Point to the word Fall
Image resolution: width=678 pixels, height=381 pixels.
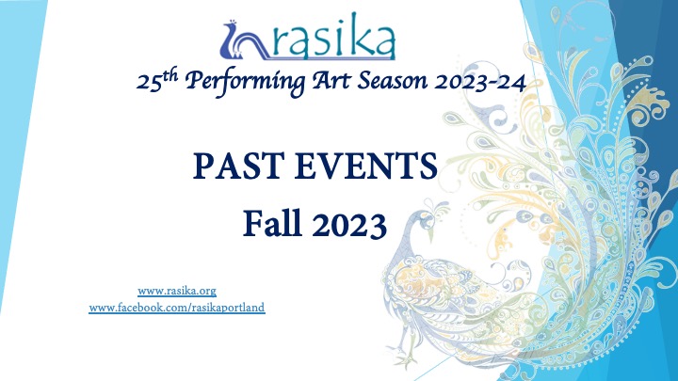point(272,223)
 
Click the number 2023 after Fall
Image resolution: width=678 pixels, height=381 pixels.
point(349,224)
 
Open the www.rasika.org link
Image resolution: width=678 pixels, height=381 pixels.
point(177,291)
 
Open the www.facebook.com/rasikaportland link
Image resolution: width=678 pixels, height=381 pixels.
point(177,308)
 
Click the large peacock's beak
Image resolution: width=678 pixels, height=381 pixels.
point(430,234)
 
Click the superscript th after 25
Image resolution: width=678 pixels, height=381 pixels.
point(170,74)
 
